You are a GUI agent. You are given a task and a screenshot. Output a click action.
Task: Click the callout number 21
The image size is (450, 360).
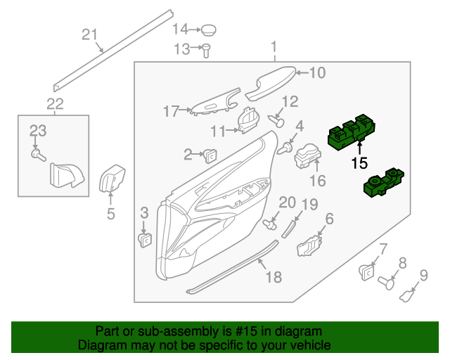tap(89, 34)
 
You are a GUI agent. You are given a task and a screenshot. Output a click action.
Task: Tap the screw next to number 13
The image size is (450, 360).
tap(207, 50)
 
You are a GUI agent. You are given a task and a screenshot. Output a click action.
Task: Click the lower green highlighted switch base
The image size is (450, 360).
tap(384, 183)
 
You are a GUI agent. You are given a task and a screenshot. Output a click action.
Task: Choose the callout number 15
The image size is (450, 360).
tap(359, 163)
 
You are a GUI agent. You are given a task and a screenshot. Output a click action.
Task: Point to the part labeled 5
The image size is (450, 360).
tap(112, 179)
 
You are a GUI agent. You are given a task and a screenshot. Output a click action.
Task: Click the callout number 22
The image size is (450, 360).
tap(55, 105)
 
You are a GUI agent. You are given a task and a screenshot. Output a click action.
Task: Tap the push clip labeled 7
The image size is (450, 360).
tap(366, 268)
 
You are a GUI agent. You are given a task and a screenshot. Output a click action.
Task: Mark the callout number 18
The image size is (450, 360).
tap(273, 277)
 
